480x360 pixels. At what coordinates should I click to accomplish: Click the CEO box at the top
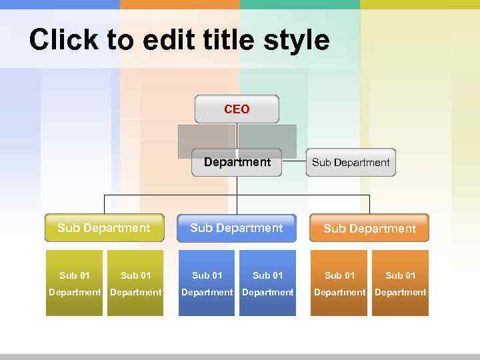(x=237, y=109)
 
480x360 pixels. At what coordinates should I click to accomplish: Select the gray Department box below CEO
(x=237, y=162)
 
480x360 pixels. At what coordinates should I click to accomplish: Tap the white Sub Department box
(x=351, y=162)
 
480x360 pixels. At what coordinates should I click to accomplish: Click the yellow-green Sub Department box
(x=104, y=228)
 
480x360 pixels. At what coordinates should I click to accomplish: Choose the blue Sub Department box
(x=236, y=228)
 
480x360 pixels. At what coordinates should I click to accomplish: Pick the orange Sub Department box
(x=369, y=228)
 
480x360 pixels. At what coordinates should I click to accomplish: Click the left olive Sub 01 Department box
(x=74, y=283)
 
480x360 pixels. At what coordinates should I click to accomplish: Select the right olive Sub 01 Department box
(x=135, y=283)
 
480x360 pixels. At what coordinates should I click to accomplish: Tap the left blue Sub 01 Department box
(x=207, y=283)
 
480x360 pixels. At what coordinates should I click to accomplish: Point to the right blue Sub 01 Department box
(x=267, y=283)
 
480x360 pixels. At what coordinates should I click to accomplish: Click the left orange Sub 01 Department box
(x=339, y=283)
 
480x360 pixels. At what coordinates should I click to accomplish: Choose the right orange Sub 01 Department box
(x=400, y=283)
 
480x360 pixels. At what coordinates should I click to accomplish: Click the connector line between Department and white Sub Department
(x=294, y=162)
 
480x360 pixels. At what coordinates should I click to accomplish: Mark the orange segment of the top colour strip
(x=180, y=4)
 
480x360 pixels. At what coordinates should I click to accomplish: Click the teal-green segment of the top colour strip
(x=300, y=4)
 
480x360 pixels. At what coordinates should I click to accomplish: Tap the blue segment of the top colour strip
(x=60, y=4)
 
